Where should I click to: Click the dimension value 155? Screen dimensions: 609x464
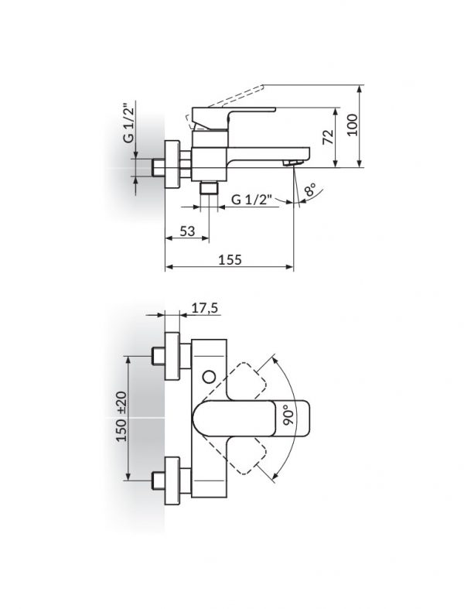tap(230, 260)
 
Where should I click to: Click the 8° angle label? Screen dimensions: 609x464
tap(309, 191)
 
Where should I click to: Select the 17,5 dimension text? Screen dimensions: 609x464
tap(205, 307)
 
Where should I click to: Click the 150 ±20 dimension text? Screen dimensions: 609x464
tap(121, 417)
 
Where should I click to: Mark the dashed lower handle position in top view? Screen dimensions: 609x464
tap(251, 456)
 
